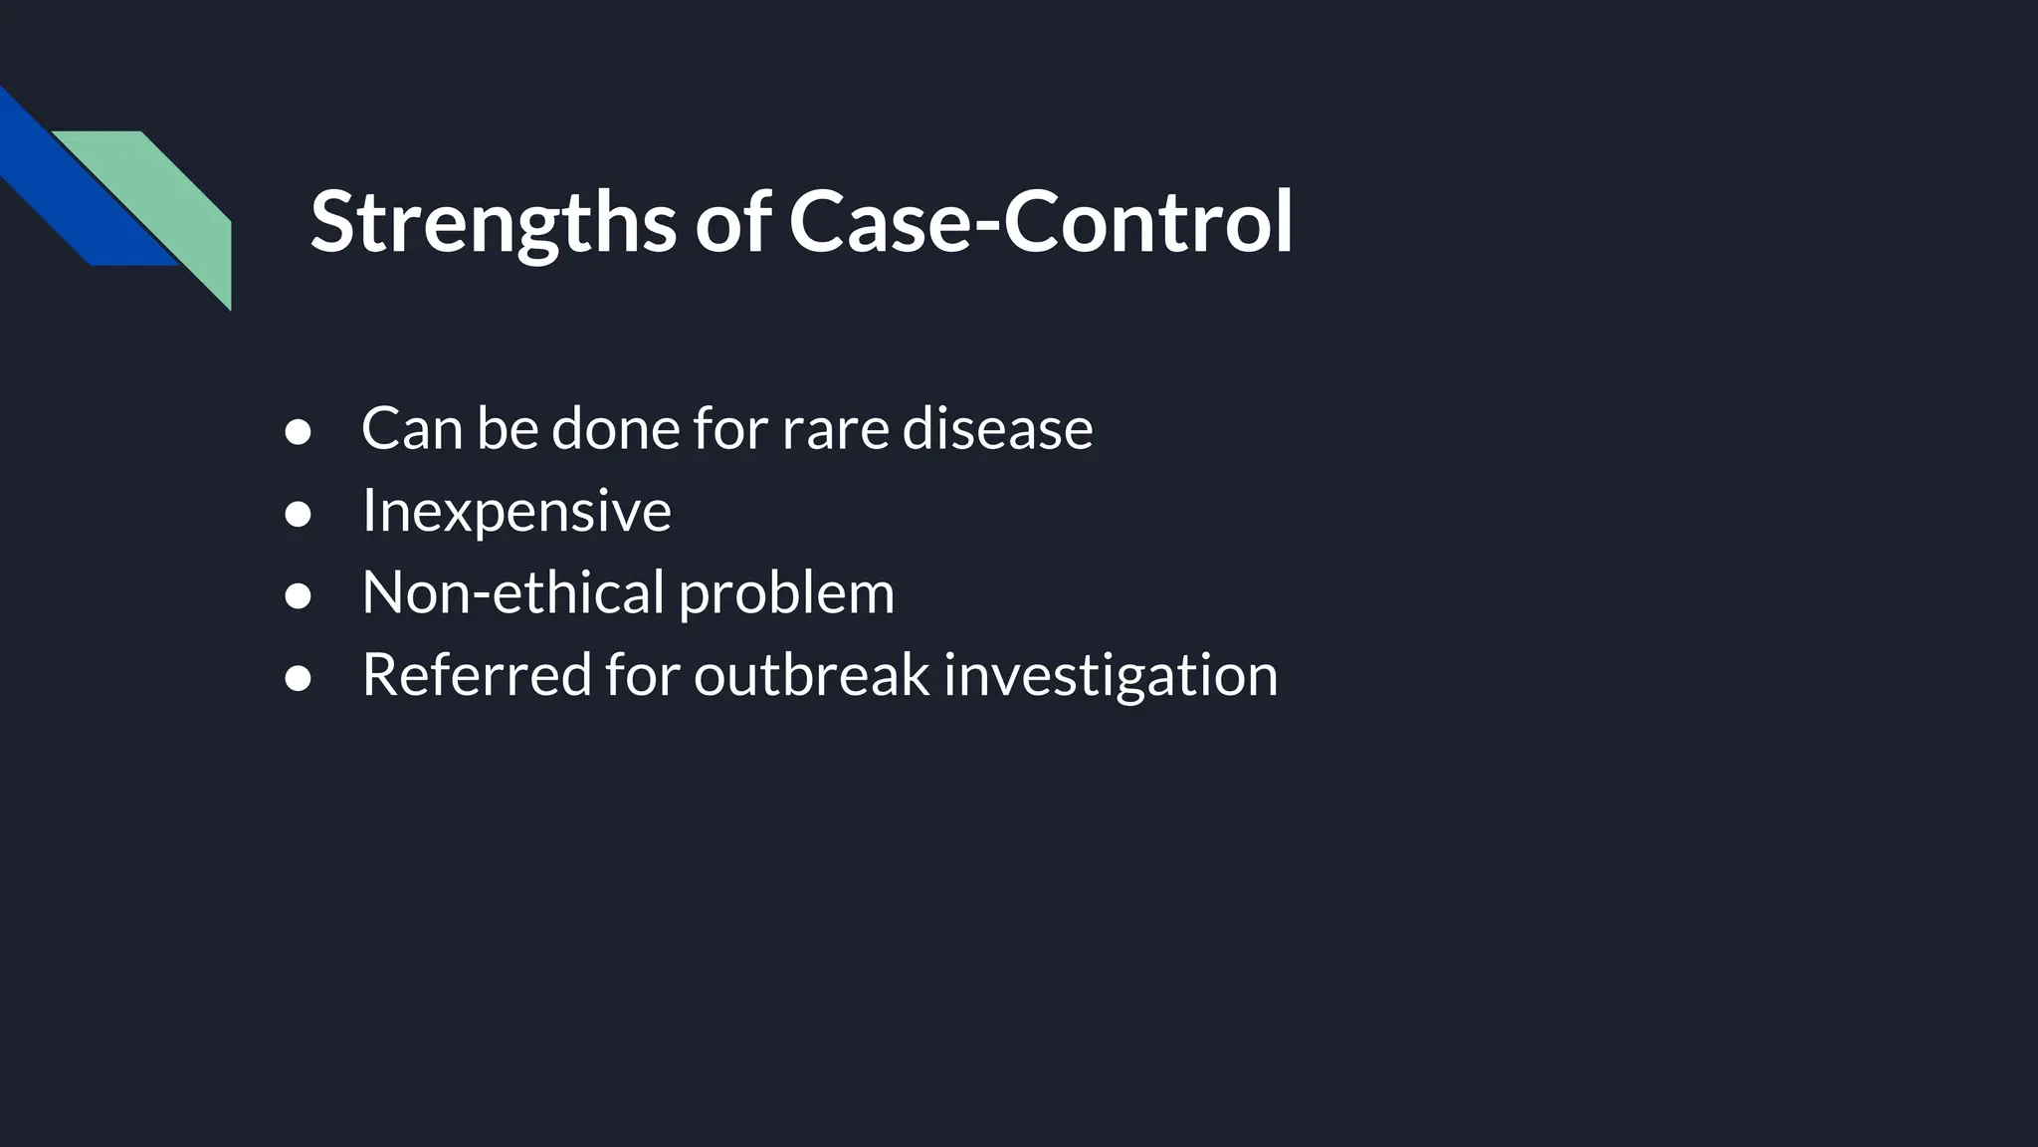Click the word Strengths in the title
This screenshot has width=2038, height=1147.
click(494, 222)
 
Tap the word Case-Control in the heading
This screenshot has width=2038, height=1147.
click(1040, 222)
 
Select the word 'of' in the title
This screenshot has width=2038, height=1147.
click(732, 222)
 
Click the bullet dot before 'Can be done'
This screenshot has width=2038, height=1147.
click(298, 432)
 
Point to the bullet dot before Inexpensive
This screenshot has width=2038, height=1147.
click(298, 514)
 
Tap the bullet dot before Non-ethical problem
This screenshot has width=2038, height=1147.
click(298, 595)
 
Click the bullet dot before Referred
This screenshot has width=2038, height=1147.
click(298, 678)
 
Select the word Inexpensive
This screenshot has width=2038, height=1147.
click(516, 511)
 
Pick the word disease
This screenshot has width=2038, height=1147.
click(997, 429)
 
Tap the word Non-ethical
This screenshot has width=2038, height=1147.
click(512, 592)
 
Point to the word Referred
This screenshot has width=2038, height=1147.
click(477, 675)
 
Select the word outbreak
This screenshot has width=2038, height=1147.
click(811, 675)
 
